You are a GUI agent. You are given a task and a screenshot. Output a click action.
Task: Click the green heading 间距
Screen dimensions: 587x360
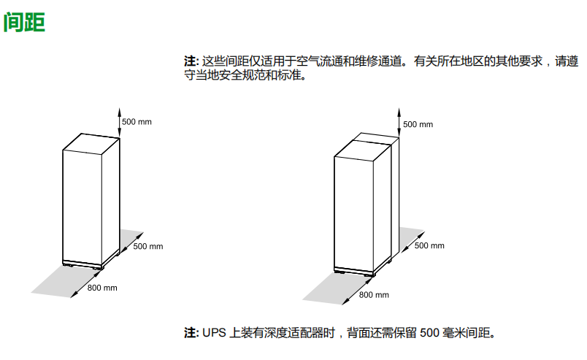(24, 22)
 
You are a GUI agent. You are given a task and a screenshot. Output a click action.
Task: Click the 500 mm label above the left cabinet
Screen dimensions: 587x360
(137, 122)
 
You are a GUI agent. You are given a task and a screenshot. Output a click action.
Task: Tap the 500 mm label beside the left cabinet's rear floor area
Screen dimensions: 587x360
(148, 247)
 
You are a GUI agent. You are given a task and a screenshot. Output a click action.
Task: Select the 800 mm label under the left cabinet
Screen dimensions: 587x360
(102, 288)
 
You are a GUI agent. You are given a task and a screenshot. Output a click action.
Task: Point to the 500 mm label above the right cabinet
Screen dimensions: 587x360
(418, 124)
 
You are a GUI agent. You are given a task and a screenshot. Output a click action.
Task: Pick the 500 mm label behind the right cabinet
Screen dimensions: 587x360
(429, 246)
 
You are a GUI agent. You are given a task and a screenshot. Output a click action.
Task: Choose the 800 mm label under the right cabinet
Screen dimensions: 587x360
(374, 295)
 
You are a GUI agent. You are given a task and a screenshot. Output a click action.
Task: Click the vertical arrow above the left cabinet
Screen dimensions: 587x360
(120, 123)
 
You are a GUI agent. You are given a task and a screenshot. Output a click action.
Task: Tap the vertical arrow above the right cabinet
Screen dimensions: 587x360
(399, 123)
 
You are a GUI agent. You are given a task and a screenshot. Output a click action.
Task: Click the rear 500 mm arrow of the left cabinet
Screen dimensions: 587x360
(131, 243)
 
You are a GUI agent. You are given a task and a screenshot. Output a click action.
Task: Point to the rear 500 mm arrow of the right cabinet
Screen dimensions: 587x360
(413, 242)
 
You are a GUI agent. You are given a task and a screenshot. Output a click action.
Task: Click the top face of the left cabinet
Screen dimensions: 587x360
(91, 142)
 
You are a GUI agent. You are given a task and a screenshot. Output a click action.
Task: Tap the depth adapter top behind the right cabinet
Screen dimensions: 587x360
(376, 137)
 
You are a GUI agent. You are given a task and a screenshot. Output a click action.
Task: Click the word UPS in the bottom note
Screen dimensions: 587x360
(214, 333)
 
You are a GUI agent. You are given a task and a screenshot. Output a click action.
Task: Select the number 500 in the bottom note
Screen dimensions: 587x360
(429, 333)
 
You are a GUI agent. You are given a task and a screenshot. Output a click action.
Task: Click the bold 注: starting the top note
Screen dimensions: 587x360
(191, 61)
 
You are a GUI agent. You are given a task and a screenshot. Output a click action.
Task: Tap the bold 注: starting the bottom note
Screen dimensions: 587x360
(191, 333)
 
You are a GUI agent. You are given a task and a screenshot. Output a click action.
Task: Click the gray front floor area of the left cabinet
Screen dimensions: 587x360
(67, 281)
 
